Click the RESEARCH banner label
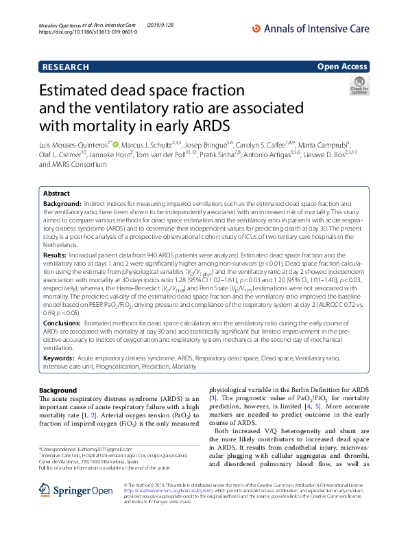tap(65, 67)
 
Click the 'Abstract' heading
tap(56, 194)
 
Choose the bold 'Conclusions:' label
tap(63, 322)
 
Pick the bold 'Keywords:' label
tap(59, 358)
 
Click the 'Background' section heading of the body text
tap(58, 390)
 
